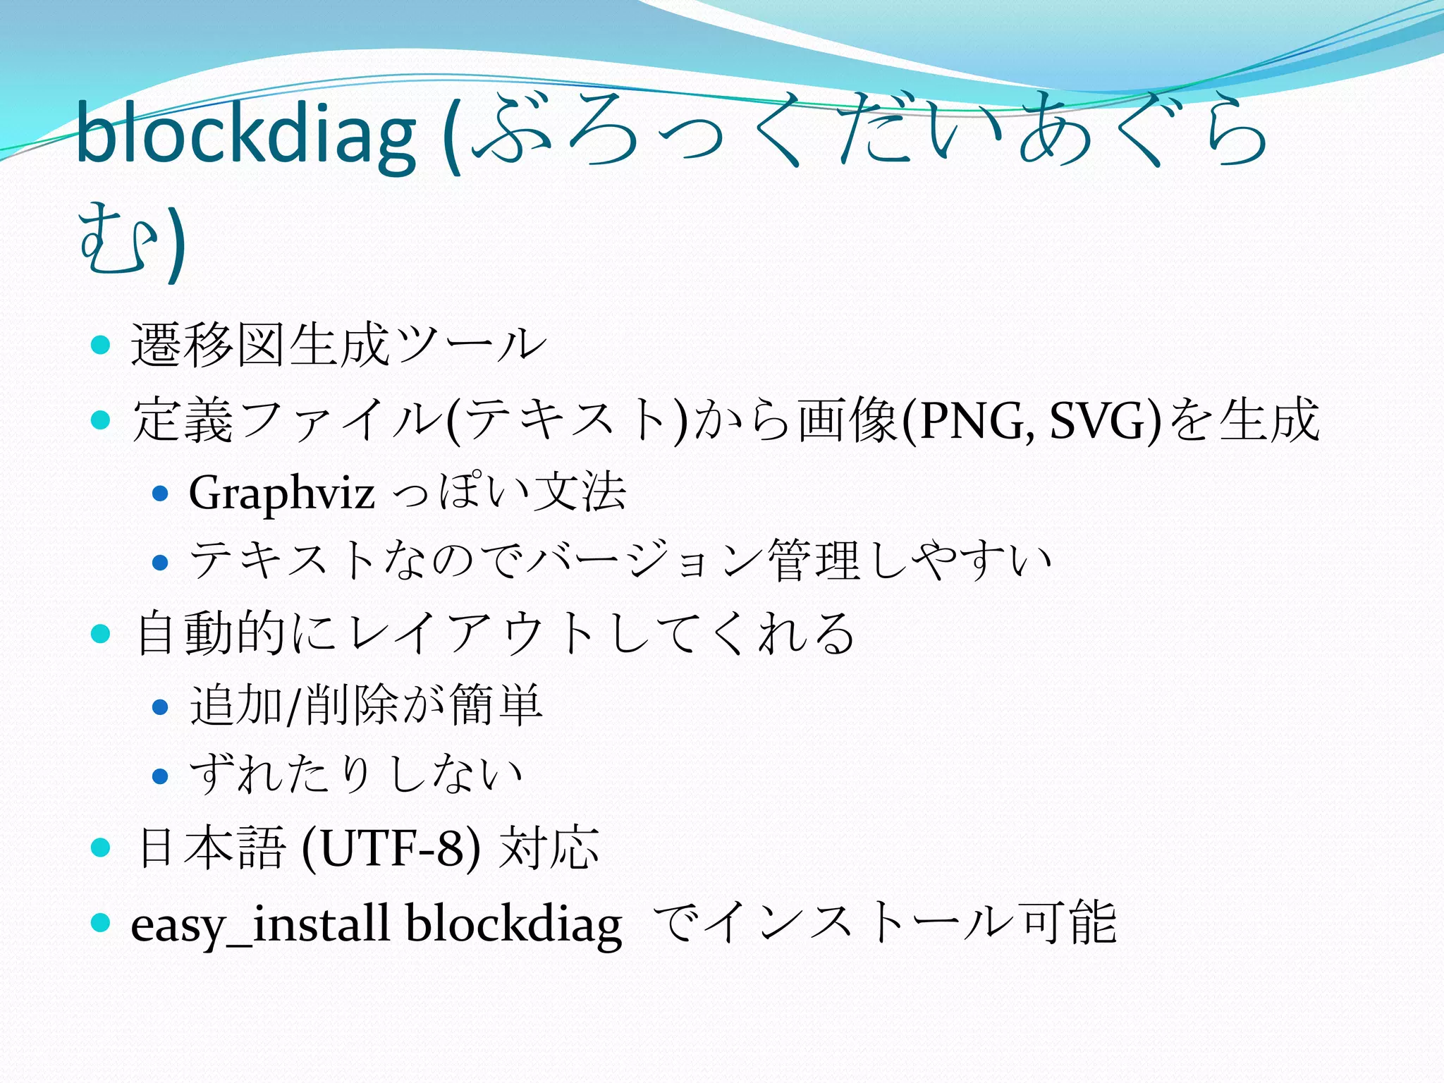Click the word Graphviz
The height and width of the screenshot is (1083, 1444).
point(281,493)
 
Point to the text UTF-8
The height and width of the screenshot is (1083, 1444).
point(391,848)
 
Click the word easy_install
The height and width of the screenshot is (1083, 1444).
point(260,924)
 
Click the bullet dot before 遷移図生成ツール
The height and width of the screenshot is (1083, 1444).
point(102,345)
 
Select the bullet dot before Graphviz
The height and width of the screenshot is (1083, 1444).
point(161,493)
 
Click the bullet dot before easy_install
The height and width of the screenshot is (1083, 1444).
point(102,922)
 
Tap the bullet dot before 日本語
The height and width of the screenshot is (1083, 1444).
point(102,847)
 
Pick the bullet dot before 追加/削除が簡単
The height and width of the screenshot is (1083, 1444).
point(161,706)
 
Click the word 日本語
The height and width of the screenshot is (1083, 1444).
point(211,847)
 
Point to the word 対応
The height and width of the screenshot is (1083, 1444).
point(549,847)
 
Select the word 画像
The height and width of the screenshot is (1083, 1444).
point(849,421)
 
